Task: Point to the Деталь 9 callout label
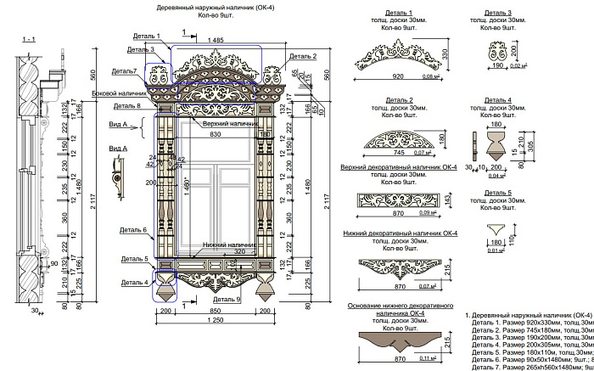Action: (227, 299)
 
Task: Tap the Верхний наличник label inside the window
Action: (212, 124)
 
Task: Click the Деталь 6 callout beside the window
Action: (134, 230)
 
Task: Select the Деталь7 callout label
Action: (124, 70)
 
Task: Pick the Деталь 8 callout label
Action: (126, 106)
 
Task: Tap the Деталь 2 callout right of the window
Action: (302, 56)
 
